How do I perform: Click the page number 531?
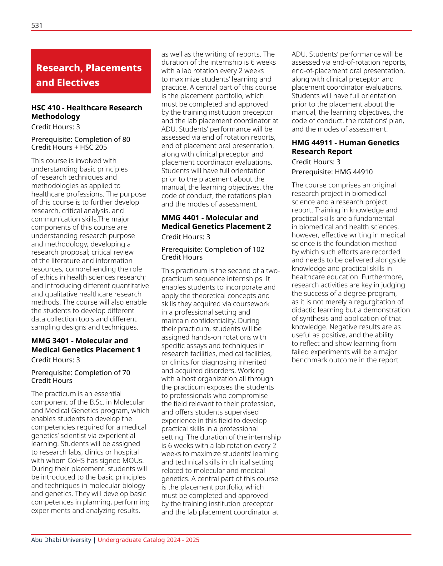[x=37, y=25]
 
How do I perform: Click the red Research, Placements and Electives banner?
[x=91, y=71]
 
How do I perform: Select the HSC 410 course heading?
[x=87, y=112]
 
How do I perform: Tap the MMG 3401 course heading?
[x=86, y=345]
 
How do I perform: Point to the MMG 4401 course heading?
[x=216, y=222]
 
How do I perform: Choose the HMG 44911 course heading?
[x=346, y=147]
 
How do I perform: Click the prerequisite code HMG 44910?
[x=354, y=172]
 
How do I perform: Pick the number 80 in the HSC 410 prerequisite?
[x=126, y=139]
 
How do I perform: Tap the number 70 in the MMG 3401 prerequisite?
[x=126, y=373]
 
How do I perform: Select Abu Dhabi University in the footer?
[x=61, y=540]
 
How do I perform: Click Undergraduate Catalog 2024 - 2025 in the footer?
[x=148, y=540]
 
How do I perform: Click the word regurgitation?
[x=375, y=302]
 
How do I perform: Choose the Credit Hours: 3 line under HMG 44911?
[x=316, y=162]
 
